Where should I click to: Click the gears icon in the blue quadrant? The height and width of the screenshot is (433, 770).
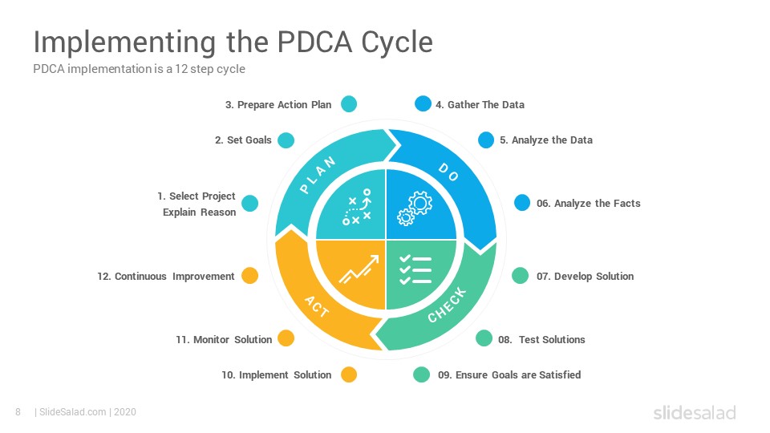415,208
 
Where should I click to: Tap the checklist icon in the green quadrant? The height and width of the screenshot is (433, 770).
415,269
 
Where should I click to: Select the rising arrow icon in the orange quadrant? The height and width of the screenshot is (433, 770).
359,269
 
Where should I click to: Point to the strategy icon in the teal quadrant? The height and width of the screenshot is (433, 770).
357,207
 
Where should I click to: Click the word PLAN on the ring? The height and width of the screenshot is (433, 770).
318,175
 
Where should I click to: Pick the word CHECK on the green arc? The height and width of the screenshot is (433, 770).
447,306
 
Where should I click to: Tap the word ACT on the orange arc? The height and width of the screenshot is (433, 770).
317,306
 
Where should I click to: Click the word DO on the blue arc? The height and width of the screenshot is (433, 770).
448,172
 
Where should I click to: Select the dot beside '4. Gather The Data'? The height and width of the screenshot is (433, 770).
423,103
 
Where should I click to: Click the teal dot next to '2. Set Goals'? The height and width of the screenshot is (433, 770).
286,140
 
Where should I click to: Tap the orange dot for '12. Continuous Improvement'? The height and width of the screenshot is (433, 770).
249,275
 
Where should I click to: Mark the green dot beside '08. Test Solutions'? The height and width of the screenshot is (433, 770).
484,338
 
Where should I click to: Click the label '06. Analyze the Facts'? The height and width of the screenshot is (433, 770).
588,203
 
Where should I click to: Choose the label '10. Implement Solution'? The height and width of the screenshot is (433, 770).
277,375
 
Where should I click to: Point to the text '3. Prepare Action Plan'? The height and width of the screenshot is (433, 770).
278,104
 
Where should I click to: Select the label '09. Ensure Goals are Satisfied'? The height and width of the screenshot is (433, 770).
509,375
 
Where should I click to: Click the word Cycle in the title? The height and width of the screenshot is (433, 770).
397,42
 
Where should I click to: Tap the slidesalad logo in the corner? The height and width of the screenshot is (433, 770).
695,412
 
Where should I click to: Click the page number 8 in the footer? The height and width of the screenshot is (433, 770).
18,412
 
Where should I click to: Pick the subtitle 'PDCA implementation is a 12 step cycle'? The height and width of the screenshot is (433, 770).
139,69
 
